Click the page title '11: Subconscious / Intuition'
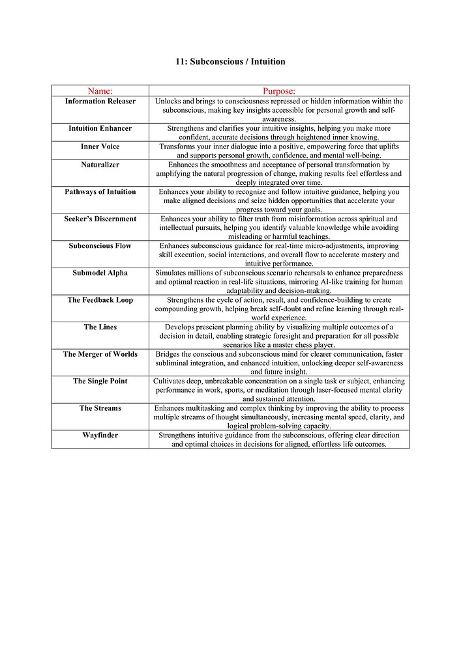pos(230,62)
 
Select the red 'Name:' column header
pos(100,91)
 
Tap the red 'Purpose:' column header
pos(279,91)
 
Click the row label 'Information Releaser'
pos(100,102)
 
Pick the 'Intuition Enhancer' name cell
pos(100,129)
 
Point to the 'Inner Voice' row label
pos(100,147)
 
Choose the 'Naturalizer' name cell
pos(100,165)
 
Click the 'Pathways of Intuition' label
pos(100,192)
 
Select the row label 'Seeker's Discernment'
pos(100,219)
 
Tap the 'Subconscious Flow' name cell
pos(100,246)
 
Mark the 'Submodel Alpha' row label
pos(100,273)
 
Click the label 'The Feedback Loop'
pos(100,300)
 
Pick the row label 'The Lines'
pos(100,327)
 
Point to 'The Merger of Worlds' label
pos(100,355)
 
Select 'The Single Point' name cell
pos(100,381)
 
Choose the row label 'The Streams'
pos(100,409)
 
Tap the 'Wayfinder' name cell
pos(100,436)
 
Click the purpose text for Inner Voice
pos(279,151)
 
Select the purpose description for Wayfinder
pos(279,439)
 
